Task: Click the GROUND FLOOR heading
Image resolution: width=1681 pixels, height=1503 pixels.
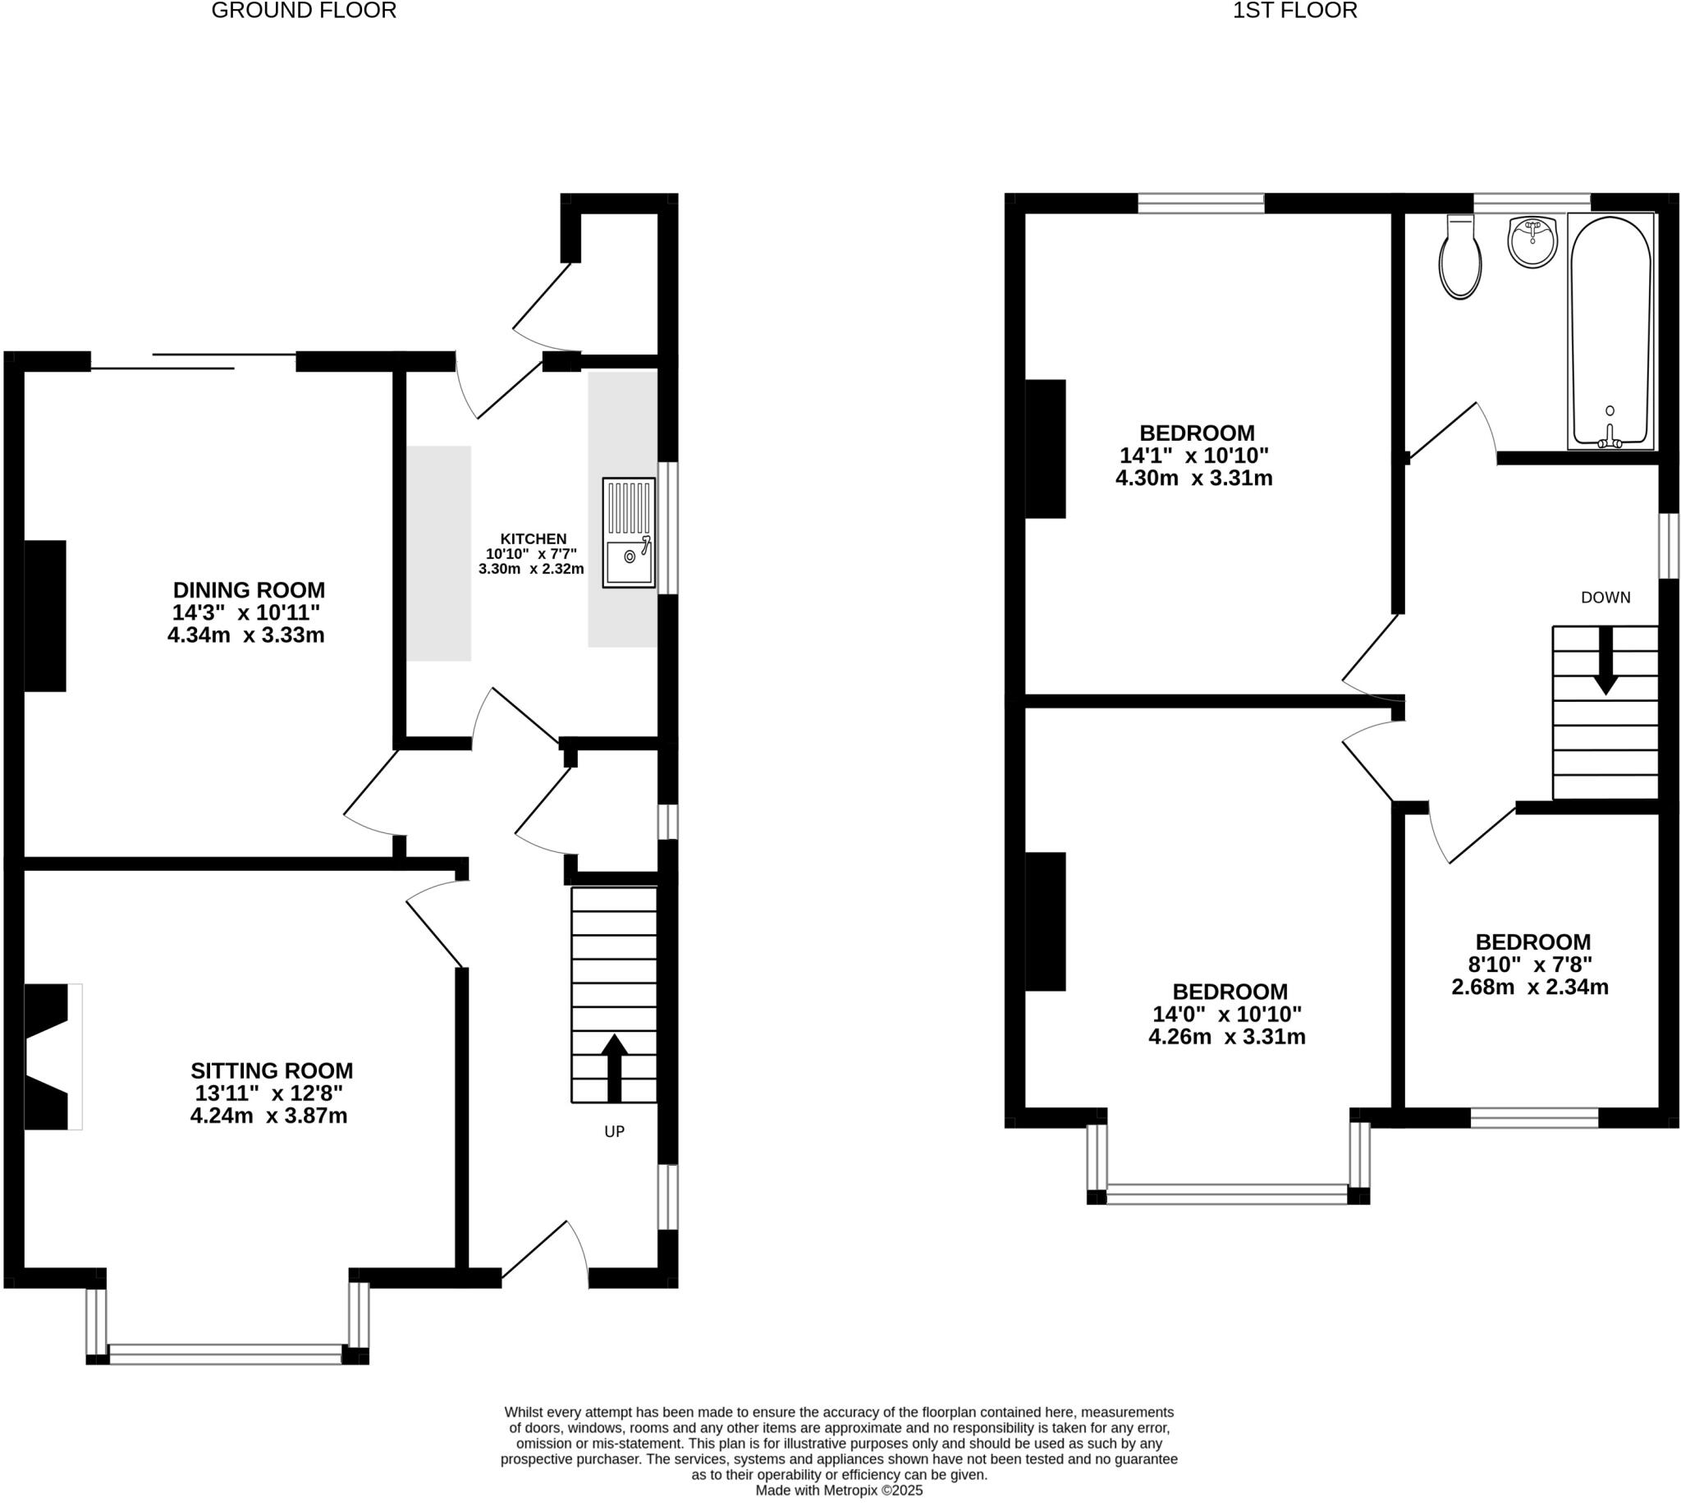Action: [x=304, y=11]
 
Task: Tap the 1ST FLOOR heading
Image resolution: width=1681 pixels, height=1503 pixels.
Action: [x=1294, y=11]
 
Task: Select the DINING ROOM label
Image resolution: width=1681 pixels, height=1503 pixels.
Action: [x=249, y=589]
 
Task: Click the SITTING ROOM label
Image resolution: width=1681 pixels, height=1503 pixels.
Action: [x=272, y=1070]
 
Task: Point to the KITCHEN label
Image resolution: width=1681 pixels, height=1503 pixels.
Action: [x=534, y=538]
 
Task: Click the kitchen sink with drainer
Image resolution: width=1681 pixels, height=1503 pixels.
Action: [x=628, y=533]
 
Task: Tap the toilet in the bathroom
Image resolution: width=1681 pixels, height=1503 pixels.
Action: [x=1459, y=258]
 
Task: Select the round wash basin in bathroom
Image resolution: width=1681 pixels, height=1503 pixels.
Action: [x=1532, y=242]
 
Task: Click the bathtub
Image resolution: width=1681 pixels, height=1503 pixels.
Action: [x=1610, y=330]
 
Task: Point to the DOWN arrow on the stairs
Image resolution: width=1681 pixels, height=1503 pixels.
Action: [x=1605, y=661]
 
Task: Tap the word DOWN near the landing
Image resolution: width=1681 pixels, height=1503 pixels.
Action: [x=1605, y=597]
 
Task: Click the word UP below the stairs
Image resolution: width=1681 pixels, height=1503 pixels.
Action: [x=614, y=1131]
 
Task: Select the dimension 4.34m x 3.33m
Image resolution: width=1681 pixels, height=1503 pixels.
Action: [x=246, y=635]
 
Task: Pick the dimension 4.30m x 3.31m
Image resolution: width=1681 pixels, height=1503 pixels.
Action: [x=1194, y=478]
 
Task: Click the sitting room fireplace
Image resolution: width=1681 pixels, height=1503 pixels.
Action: [x=49, y=1056]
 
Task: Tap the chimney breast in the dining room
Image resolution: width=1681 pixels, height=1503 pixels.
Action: [x=44, y=616]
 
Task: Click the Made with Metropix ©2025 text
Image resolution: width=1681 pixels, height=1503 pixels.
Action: [x=839, y=1491]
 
